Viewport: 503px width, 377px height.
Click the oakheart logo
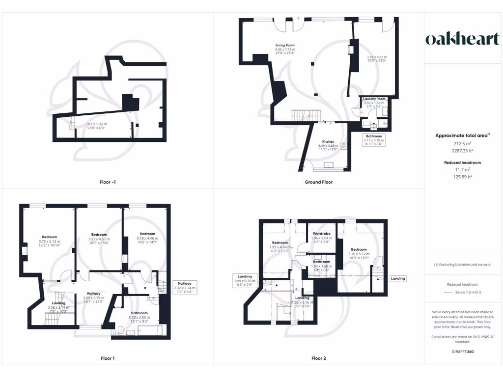[462, 39]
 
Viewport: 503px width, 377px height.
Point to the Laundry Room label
[374, 99]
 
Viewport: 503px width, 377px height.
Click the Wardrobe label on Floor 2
[321, 233]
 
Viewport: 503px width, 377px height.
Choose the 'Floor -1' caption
[108, 182]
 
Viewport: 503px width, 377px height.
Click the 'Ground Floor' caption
[318, 182]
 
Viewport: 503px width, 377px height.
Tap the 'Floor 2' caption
[318, 358]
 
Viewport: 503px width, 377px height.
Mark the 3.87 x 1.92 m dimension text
[96, 124]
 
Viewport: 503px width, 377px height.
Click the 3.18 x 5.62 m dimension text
[377, 57]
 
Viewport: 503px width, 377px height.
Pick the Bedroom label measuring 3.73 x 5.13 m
[49, 237]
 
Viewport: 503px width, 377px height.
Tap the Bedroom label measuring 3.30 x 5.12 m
[359, 249]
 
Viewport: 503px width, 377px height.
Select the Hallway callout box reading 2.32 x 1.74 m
[185, 287]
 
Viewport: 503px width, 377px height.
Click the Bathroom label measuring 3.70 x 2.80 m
[140, 313]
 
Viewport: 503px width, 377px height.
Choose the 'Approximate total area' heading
[461, 135]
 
